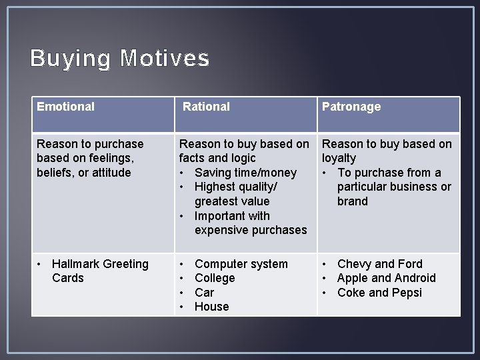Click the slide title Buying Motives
click(119, 59)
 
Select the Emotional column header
click(65, 107)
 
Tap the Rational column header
click(206, 107)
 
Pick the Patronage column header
click(351, 107)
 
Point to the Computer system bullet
click(241, 264)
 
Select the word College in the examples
click(215, 278)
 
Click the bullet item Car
click(204, 293)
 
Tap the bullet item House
click(211, 307)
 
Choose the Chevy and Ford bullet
click(379, 264)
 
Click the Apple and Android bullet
click(386, 278)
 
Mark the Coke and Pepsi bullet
click(379, 293)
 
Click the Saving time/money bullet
click(245, 173)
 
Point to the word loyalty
click(339, 158)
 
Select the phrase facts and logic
click(217, 158)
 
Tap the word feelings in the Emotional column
click(111, 158)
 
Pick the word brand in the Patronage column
click(352, 201)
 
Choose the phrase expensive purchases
click(251, 230)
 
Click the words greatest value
click(232, 201)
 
